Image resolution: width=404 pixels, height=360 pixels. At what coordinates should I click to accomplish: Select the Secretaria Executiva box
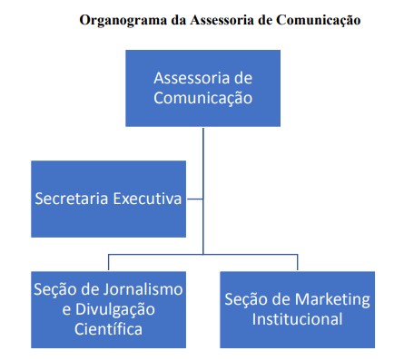click(x=109, y=198)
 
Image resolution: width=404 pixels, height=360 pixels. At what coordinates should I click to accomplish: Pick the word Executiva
click(x=147, y=199)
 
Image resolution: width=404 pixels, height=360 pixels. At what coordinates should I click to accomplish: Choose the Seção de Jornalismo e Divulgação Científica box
click(x=109, y=308)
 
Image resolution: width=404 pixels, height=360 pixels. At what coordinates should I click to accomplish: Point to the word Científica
click(x=109, y=329)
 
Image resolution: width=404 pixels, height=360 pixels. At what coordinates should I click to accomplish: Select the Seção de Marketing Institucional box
click(x=297, y=308)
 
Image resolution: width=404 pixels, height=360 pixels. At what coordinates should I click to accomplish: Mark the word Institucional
click(x=298, y=319)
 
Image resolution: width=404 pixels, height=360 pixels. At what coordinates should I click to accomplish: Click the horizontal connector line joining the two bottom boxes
click(x=203, y=256)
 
